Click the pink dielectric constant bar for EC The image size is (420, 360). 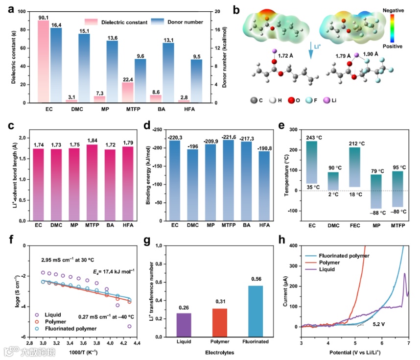[x=43, y=61]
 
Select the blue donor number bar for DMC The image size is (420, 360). [x=84, y=68]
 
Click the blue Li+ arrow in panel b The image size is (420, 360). [x=309, y=50]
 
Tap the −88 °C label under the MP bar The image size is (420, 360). [x=376, y=213]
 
